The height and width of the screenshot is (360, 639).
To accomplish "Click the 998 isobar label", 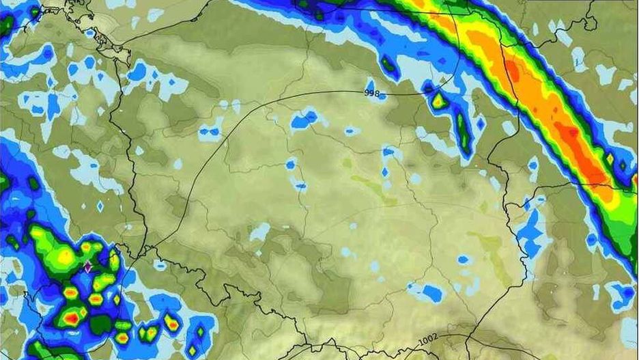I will [x=372, y=93].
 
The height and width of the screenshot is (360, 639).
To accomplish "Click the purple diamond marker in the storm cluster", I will [x=87, y=266].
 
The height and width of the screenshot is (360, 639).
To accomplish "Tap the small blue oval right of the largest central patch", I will [x=352, y=131].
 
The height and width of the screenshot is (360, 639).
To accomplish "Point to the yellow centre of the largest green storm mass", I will [x=65, y=255].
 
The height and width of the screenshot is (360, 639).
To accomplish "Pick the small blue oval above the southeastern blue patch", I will [x=464, y=260].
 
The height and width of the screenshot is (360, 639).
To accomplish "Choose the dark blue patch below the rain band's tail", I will [x=622, y=294].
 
